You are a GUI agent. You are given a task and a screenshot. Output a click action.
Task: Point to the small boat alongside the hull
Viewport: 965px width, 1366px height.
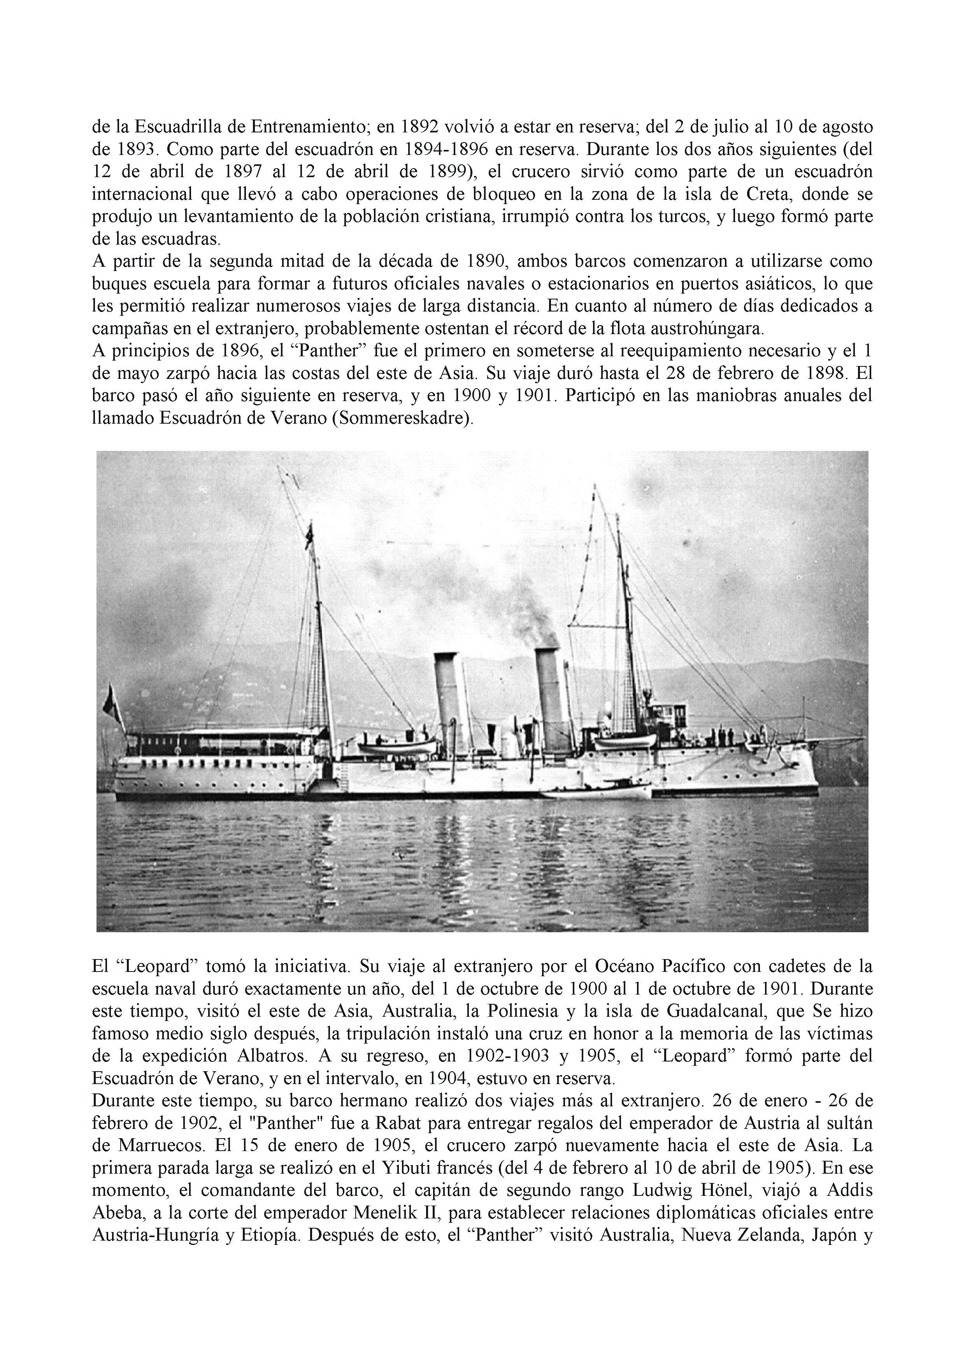click(x=598, y=791)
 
